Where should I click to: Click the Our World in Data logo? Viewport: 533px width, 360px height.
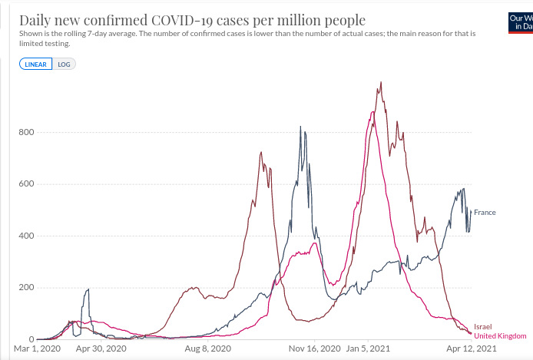click(x=520, y=21)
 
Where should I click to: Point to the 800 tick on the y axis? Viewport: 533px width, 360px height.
click(x=25, y=132)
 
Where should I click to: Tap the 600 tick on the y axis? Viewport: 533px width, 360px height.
click(x=25, y=184)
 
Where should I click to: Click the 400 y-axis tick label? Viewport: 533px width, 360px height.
click(x=25, y=236)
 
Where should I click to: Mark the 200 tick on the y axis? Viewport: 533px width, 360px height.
click(x=25, y=288)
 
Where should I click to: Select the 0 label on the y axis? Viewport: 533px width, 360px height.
click(x=31, y=339)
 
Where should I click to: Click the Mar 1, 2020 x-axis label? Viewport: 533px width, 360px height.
click(x=36, y=348)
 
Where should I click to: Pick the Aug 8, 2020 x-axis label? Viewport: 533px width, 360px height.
click(x=208, y=348)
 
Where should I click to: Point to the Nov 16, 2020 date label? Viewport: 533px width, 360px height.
click(x=315, y=348)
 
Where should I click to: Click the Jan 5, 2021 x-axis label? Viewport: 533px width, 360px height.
click(x=369, y=348)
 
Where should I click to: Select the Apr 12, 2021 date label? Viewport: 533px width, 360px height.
click(x=472, y=348)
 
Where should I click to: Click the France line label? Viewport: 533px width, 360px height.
click(x=485, y=212)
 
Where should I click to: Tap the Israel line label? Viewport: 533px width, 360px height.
click(x=482, y=327)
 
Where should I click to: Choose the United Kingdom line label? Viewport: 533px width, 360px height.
click(x=501, y=336)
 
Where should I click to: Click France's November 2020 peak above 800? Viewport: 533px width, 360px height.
click(x=300, y=127)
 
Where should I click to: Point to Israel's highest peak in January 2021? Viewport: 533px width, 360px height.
click(x=380, y=83)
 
